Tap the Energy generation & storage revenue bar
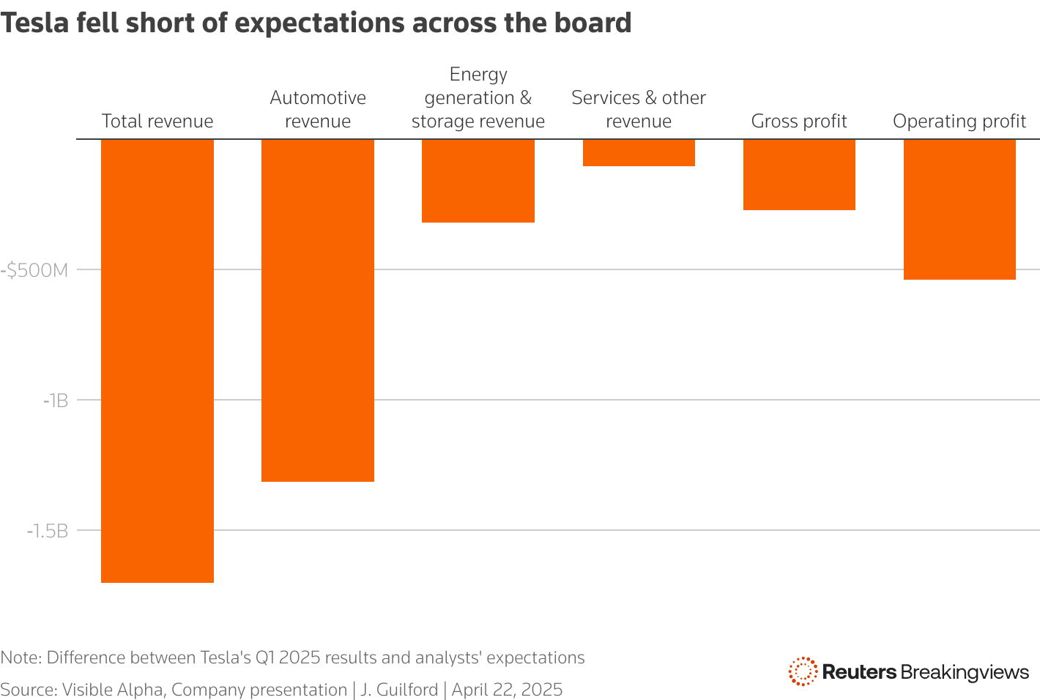pos(478,181)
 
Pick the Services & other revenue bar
pos(638,153)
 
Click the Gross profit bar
pos(799,174)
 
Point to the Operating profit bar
pos(959,209)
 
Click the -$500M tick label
pos(34,270)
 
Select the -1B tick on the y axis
pos(55,401)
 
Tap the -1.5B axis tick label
pos(47,531)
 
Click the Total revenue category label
pos(157,121)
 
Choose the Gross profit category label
pos(799,121)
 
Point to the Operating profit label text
pos(959,121)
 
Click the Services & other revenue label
pos(638,109)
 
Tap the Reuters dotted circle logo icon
pos(803,671)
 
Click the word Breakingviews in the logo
pos(965,672)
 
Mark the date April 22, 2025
pos(507,690)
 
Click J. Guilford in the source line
pos(398,690)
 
